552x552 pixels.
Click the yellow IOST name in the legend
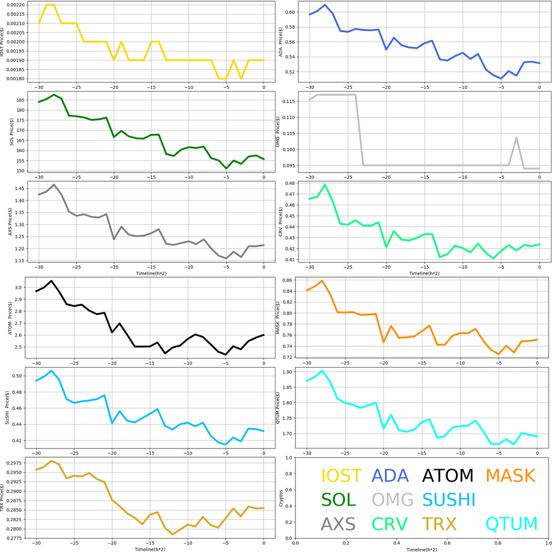click(x=341, y=475)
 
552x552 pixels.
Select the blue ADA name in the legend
click(x=390, y=475)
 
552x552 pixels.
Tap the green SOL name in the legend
click(x=339, y=500)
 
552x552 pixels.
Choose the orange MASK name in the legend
click(x=510, y=475)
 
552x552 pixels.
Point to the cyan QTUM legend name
click(x=512, y=523)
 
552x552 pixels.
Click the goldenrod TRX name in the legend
click(x=439, y=523)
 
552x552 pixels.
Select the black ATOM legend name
click(x=447, y=475)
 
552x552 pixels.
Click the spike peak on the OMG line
click(x=516, y=137)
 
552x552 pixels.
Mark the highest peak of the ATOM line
click(x=51, y=281)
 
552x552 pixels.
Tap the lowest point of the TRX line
click(x=173, y=534)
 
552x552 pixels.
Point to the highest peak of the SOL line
click(x=54, y=95)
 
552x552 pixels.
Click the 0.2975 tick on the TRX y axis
click(x=18, y=463)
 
